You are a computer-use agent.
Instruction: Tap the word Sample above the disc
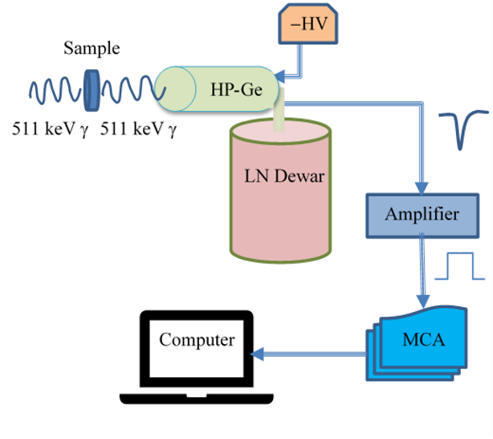tap(92, 49)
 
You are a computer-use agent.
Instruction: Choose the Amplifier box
tap(422, 215)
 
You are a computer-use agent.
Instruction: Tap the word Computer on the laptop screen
tap(197, 339)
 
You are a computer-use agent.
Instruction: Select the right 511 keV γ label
tap(137, 128)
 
